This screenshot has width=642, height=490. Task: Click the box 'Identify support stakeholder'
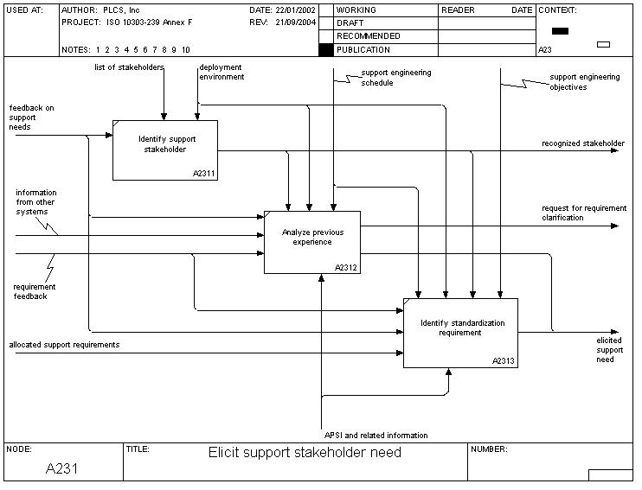(x=164, y=150)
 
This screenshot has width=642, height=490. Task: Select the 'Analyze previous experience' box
(x=311, y=242)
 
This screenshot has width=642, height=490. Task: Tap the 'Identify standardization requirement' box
(x=460, y=333)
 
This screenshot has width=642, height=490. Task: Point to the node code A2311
(x=204, y=174)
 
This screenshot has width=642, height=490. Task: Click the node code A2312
(x=347, y=267)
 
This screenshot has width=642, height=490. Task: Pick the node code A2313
(x=504, y=361)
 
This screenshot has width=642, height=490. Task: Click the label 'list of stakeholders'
(x=129, y=67)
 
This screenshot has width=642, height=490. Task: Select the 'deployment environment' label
(x=221, y=72)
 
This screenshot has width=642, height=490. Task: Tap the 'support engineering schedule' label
(x=389, y=78)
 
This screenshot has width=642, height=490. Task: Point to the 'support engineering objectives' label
(x=581, y=82)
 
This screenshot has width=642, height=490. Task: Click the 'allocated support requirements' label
(x=64, y=345)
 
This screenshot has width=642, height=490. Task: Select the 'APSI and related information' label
(x=376, y=435)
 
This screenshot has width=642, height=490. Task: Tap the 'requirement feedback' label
(x=35, y=291)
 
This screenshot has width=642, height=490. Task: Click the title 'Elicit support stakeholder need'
(x=305, y=452)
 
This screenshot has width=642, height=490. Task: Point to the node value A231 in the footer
(x=63, y=468)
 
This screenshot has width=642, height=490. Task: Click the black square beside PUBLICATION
(x=325, y=50)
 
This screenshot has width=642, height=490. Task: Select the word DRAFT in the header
(x=350, y=23)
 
